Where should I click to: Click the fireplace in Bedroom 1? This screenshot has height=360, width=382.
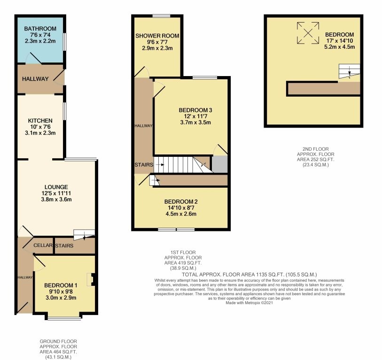(x=92, y=280)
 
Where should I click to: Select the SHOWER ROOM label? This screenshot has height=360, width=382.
(x=157, y=36)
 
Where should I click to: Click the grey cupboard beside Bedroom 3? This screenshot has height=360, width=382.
(x=219, y=164)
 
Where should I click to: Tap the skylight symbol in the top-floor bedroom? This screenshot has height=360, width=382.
(x=307, y=33)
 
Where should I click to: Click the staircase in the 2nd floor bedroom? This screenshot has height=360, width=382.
(x=349, y=72)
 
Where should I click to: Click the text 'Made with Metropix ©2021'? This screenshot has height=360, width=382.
(x=249, y=303)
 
